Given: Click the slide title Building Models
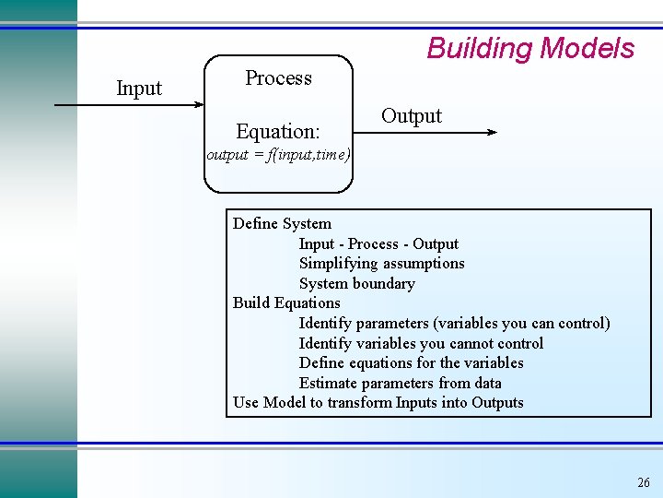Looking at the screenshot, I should pos(530,48).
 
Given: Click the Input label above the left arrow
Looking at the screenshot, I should pos(139,89).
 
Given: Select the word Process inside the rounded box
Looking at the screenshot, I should pos(278,78).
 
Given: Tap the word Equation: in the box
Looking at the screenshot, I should pos(278,132).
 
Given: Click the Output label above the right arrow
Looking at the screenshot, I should pos(411,116).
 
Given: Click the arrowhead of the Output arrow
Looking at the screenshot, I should pos(491,133).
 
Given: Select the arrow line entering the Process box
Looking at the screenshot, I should pos(129,106).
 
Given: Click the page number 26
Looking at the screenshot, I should pos(643,482).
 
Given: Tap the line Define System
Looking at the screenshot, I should pos(282,223).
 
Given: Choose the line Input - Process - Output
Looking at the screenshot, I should pos(378,243).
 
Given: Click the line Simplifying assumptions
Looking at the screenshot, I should pos(381,264).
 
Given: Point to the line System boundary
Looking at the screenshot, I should pos(356,283).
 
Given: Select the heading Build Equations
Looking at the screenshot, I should pos(286,303).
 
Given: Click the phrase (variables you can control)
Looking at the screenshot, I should pos(521,323).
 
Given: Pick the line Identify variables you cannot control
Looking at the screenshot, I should pos(421,343).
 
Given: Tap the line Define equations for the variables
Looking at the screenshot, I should pos(411,362).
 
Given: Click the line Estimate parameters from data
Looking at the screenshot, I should pos(400,383).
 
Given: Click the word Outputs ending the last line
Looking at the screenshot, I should pos(497,402).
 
